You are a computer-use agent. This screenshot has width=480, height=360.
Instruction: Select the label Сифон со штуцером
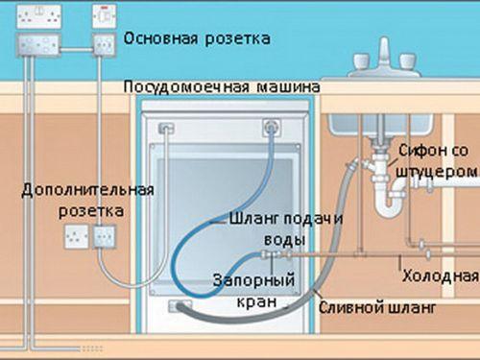[436, 160]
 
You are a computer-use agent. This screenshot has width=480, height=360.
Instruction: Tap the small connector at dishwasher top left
[165, 126]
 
